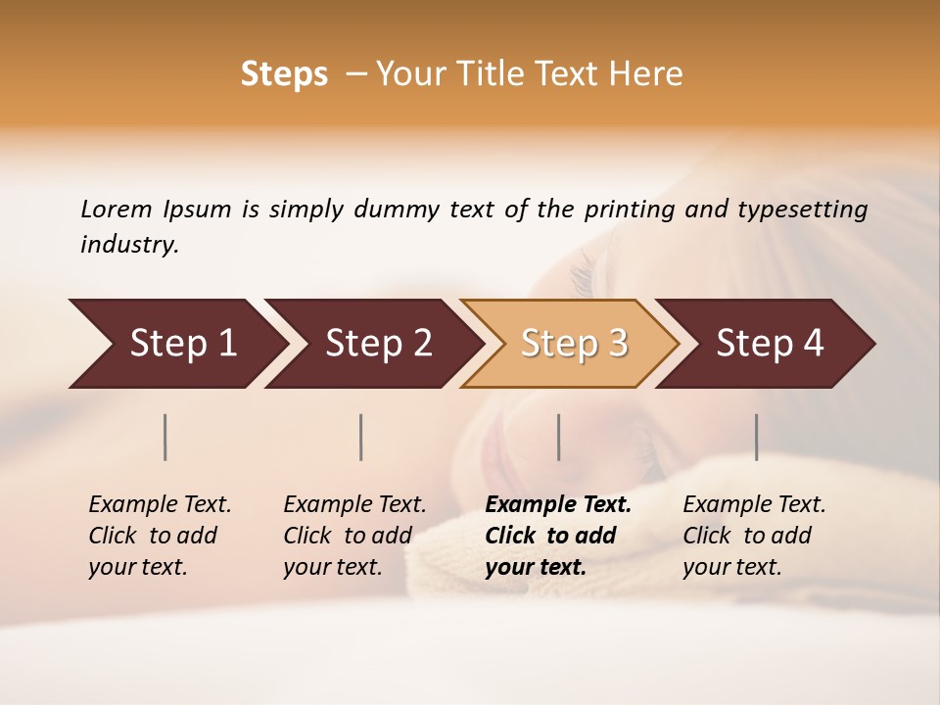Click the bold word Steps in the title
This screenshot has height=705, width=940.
(x=284, y=74)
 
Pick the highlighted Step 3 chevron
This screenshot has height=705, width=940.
(x=573, y=344)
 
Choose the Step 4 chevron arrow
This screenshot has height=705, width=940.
(x=770, y=344)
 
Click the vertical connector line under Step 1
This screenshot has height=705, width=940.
(x=165, y=437)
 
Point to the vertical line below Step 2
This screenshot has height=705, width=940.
(x=361, y=437)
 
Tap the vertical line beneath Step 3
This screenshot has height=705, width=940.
(x=558, y=437)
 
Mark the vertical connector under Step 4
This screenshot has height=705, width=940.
(x=756, y=437)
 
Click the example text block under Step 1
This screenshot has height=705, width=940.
(x=160, y=536)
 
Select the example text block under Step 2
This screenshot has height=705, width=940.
(x=354, y=536)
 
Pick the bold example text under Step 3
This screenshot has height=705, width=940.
(x=558, y=536)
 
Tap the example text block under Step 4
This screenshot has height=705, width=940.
(x=754, y=536)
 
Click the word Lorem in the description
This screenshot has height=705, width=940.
(x=117, y=210)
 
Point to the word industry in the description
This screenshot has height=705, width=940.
(x=129, y=245)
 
